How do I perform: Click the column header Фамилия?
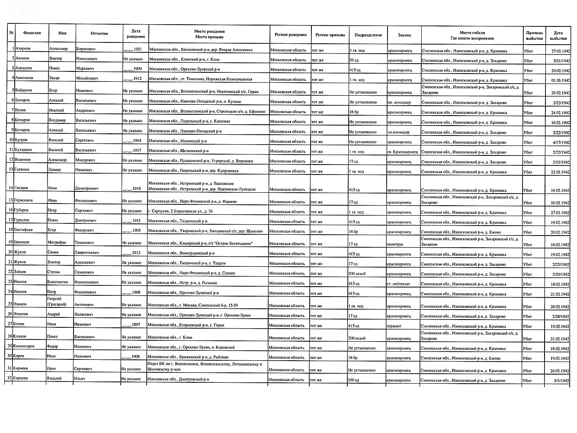[32, 33]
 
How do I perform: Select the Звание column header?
[404, 35]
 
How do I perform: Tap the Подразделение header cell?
[368, 35]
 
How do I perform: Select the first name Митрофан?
[57, 242]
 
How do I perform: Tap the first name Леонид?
[54, 170]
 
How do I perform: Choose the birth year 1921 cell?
[132, 49]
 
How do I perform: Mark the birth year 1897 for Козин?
[131, 325]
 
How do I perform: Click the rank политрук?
[394, 244]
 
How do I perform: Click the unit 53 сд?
[355, 60]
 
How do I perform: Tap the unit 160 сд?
[354, 380]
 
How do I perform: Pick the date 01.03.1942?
[561, 80]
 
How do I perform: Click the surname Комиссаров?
[25, 346]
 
